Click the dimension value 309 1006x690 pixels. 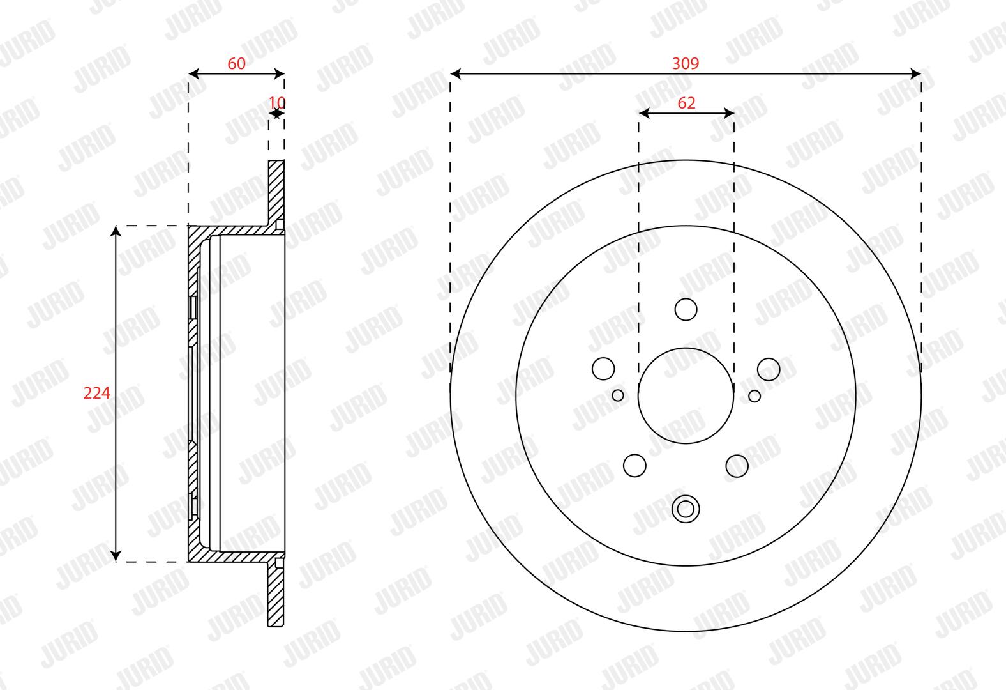[x=686, y=63]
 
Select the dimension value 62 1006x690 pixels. [x=686, y=103]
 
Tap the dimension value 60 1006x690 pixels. [x=236, y=64]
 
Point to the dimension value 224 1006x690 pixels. [x=96, y=394]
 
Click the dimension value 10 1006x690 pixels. [x=276, y=103]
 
